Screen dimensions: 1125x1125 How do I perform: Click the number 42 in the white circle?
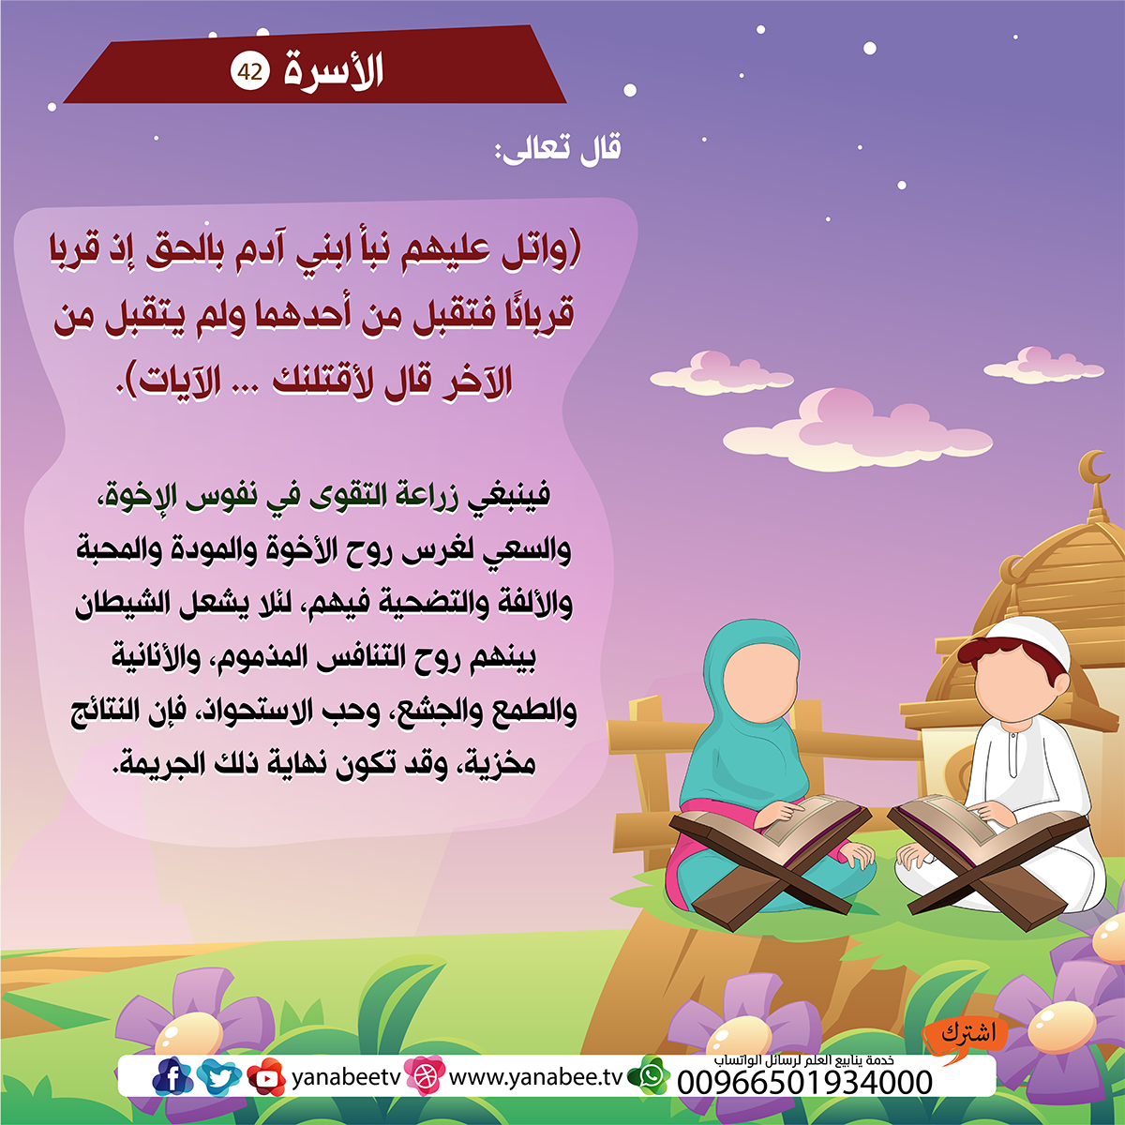tap(250, 72)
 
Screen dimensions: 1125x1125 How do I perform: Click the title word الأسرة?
tap(334, 71)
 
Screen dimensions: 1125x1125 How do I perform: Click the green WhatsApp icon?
tap(650, 1075)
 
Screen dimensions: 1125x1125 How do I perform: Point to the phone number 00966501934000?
tap(804, 1084)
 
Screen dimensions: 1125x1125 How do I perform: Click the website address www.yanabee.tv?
tap(536, 1077)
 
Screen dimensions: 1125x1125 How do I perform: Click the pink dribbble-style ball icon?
tap(425, 1075)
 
